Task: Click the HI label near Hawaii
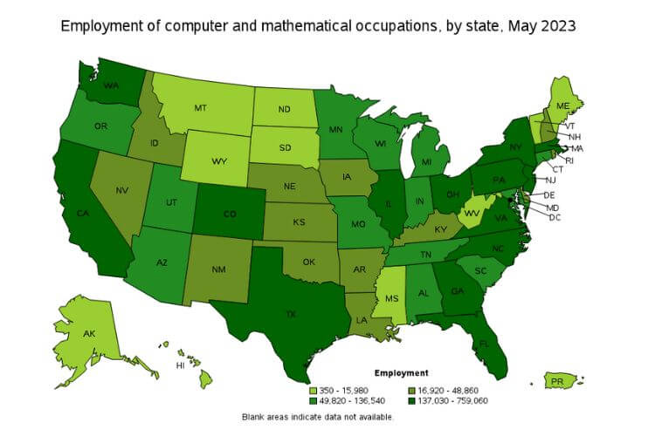181,365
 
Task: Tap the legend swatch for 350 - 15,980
314,389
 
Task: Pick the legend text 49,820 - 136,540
356,400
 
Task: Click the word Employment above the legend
401,372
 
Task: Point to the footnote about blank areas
318,417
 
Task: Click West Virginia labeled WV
472,212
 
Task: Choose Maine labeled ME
563,106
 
